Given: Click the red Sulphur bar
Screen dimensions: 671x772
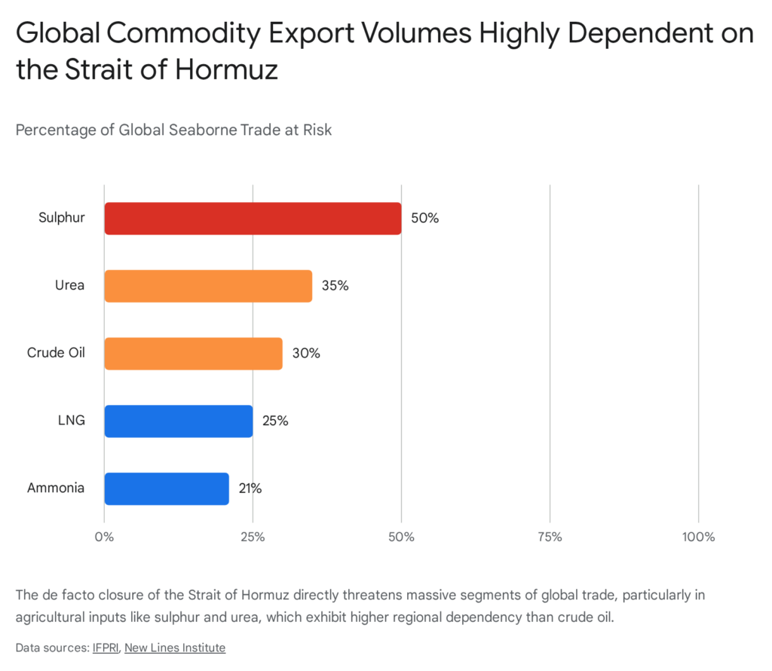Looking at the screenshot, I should pos(253,219).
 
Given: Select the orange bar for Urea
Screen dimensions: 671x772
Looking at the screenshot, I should pos(208,286).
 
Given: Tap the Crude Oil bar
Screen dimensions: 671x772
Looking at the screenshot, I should pos(193,354).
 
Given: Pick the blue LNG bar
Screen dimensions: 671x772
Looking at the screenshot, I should pos(179,421).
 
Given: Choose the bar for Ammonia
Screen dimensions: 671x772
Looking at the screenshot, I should pos(167,489).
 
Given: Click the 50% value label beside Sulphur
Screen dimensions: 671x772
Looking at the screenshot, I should pos(424,219).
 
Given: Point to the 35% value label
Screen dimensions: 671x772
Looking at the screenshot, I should pos(335,286).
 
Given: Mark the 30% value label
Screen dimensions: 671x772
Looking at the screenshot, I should pos(305,354).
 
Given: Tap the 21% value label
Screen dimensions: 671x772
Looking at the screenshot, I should pos(250,489).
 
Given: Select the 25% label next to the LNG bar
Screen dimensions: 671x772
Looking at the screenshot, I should pos(275,421).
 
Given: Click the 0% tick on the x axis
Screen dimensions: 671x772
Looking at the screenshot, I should pos(104,537).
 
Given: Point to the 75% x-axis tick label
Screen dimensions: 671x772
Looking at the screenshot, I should pos(550,537).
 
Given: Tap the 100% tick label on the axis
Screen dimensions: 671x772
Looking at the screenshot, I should pos(698,537).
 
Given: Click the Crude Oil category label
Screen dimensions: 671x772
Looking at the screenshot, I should pos(56,354).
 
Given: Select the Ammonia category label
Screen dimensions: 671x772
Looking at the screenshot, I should pos(56,489).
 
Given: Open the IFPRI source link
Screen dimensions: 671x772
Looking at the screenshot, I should pos(106,647).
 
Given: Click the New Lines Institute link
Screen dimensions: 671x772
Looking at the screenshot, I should pos(175,647).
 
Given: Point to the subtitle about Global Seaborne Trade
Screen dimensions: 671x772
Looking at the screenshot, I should pos(173,130).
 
